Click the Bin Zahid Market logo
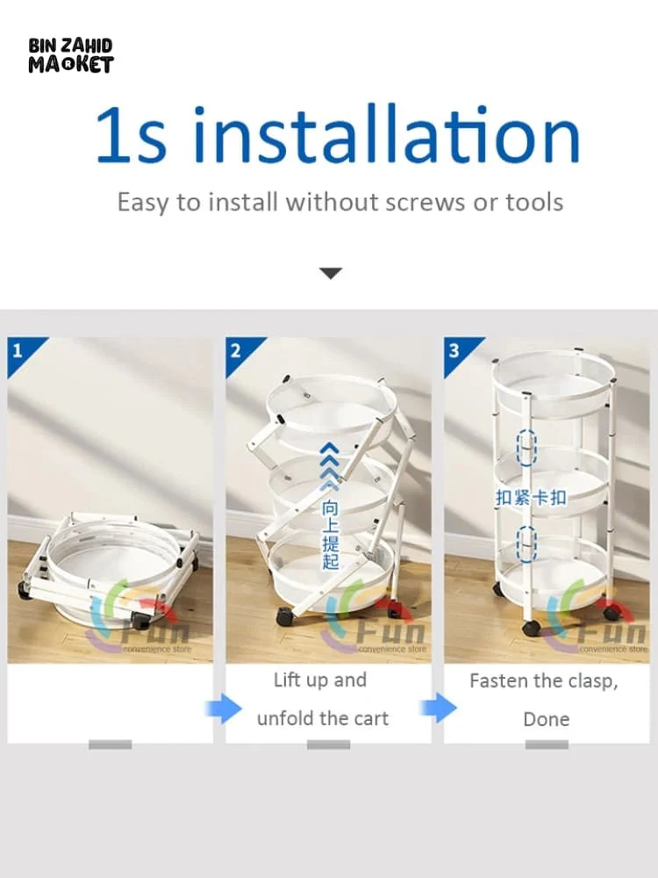71,55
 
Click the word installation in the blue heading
386,134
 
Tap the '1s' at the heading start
131,135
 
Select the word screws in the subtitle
426,203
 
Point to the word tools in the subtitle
534,202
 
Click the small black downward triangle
331,273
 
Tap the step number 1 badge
23,353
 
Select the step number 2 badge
240,353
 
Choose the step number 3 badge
459,353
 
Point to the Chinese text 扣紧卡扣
531,497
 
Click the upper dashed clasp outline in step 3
526,448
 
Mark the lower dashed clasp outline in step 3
526,543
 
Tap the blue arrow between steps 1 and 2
223,709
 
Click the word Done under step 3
546,719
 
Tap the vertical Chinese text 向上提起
330,535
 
